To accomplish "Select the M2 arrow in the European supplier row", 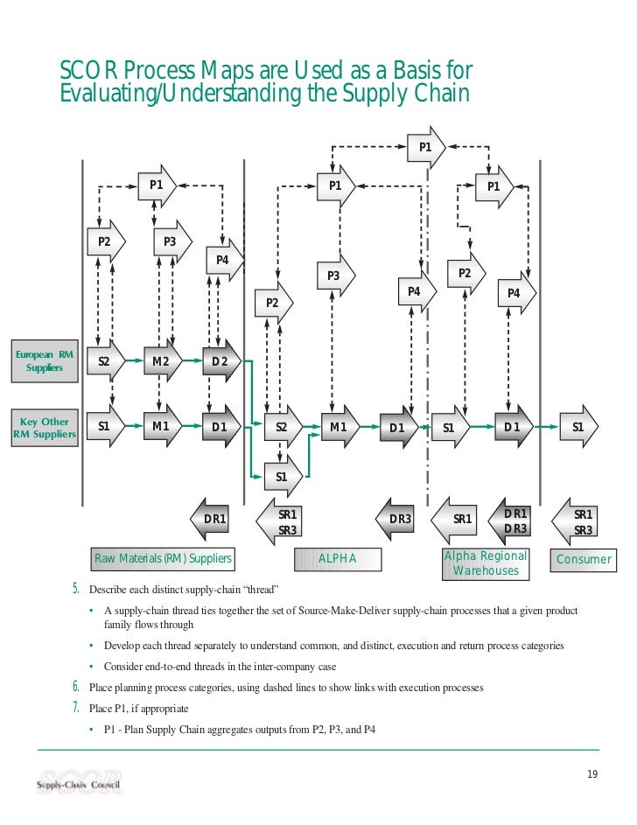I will pyautogui.click(x=162, y=360).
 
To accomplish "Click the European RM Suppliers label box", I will pyautogui.click(x=44, y=360).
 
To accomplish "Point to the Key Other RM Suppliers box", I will pyautogui.click(x=42, y=427).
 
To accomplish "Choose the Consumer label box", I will pyautogui.click(x=583, y=560).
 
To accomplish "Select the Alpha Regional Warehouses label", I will pyautogui.click(x=486, y=564).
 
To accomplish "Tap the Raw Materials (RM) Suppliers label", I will pyautogui.click(x=163, y=559).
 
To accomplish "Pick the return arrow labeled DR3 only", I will pyautogui.click(x=398, y=519).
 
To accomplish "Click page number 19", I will pyautogui.click(x=592, y=773).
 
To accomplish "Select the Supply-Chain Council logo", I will pyautogui.click(x=80, y=781).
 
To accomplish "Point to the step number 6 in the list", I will pyautogui.click(x=77, y=688).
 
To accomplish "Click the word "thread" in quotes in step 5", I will pyautogui.click(x=257, y=588).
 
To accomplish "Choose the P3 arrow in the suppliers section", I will pyautogui.click(x=171, y=241).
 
